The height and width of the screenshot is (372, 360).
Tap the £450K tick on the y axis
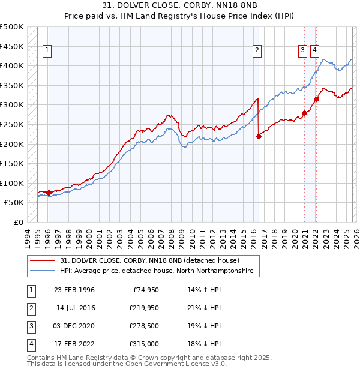[x=12, y=46]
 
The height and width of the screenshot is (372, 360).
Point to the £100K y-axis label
[x=12, y=183]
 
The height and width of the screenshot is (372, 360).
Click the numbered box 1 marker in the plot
[x=47, y=51]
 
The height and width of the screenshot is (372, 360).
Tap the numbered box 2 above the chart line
[x=257, y=51]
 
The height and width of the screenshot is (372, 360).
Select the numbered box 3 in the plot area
[x=303, y=51]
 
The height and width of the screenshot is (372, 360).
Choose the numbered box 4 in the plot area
[x=314, y=51]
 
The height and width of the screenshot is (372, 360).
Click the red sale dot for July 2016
[x=259, y=136]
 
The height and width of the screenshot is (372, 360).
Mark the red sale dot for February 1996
[x=49, y=193]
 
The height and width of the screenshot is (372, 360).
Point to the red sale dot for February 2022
[x=316, y=99]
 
